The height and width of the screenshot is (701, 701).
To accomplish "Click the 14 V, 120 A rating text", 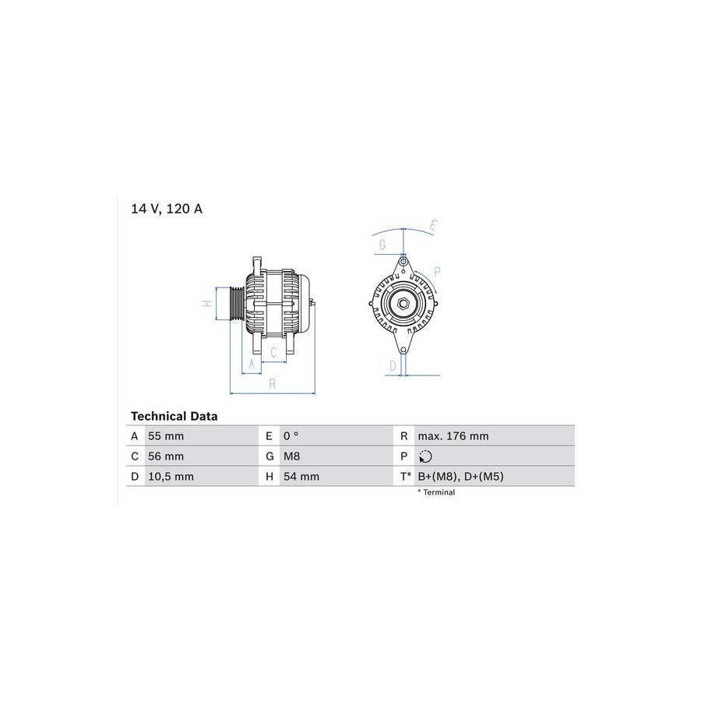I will pos(166,210).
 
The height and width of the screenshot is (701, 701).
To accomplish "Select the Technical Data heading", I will pos(174,417).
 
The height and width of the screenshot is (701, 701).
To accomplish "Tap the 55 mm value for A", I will pos(166,436).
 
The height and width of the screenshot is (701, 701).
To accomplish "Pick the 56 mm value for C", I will pos(166,456).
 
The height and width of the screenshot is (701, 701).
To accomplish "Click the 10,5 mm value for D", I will pos(171,477).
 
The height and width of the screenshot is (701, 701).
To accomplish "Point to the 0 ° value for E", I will pos(292,436).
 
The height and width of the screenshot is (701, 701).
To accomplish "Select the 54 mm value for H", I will pos(301,477).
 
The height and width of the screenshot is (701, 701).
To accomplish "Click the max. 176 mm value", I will pos(453,436).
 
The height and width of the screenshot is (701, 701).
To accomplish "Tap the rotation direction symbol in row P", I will pos(424,456).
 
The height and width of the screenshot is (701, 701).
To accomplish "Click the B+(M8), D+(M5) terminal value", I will pos(461,477).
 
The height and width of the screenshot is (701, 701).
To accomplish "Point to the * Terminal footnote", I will pos(436,492).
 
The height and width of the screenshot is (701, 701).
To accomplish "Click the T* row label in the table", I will pos(405,477).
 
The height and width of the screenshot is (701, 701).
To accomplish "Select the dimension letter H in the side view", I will pos(207,304).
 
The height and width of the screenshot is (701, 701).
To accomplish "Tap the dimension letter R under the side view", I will pos(272,382).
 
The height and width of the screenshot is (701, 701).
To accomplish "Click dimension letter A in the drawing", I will pos(251,364).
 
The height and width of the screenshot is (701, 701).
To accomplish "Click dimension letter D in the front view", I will pos(393,365).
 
